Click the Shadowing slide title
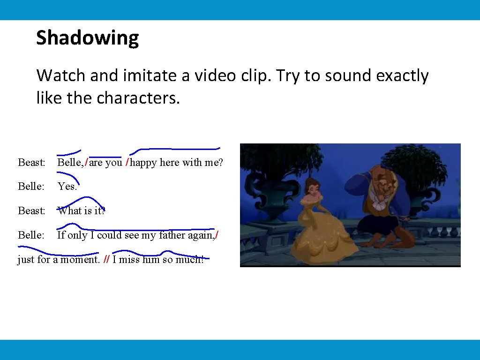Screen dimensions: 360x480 tap(87, 38)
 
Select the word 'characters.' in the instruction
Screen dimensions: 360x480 tap(138, 98)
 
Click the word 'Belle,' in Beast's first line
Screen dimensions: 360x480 tap(70, 163)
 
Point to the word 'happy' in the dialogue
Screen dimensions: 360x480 tap(143, 163)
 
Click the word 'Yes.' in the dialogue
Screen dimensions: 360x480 tap(67, 187)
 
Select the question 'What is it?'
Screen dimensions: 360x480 tap(81, 211)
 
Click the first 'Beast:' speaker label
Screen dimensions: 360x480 tap(31, 163)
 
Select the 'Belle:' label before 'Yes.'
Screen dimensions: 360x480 tap(31, 187)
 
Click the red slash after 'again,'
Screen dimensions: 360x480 tap(217, 235)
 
